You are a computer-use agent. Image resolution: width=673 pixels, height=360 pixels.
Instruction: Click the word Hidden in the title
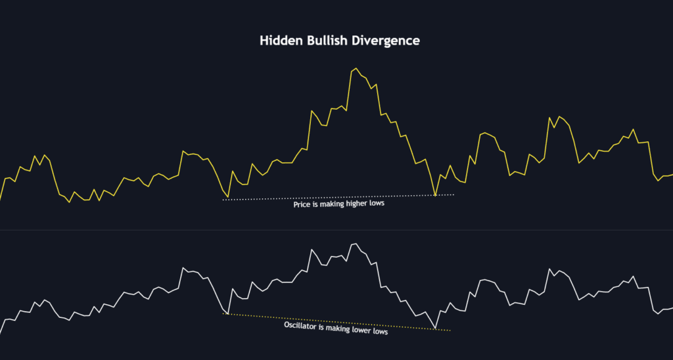click(279, 41)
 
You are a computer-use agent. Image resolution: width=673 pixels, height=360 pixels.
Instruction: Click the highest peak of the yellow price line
click(356, 68)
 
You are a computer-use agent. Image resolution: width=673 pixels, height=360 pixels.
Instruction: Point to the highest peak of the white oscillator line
click(356, 244)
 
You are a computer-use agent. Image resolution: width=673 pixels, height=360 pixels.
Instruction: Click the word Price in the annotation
click(302, 204)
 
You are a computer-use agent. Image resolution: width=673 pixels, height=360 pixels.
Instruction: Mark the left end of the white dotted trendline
click(223, 200)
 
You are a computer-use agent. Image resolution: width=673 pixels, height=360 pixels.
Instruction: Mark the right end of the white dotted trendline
click(453, 194)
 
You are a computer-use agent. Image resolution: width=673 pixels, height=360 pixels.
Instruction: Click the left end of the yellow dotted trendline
click(225, 314)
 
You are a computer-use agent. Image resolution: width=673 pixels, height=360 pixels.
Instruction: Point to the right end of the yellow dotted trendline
click(450, 330)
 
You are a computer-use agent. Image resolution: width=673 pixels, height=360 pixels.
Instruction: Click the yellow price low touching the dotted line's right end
click(435, 195)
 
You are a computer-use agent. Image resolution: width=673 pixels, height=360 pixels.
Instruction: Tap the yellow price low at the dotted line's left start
click(227, 198)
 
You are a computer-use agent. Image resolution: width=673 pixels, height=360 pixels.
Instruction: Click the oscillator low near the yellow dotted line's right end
click(435, 328)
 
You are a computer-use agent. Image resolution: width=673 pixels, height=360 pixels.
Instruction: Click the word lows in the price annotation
click(376, 204)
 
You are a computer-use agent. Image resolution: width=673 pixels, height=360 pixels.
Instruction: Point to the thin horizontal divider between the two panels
click(336, 230)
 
